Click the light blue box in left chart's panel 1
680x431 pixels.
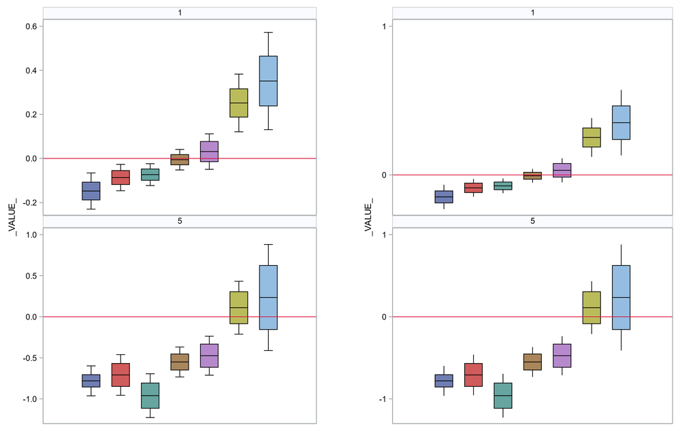[x=268, y=81]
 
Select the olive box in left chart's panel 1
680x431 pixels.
[x=239, y=103]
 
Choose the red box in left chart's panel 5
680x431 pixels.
[x=120, y=375]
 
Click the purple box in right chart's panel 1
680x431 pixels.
[x=562, y=170]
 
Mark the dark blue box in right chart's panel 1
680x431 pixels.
[x=444, y=196]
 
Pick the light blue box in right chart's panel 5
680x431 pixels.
[x=621, y=297]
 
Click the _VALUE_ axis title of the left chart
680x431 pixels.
[x=12, y=216]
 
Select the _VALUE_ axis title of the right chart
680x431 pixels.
[x=369, y=216]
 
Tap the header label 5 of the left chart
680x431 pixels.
[x=180, y=222]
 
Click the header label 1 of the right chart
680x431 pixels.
[x=532, y=13]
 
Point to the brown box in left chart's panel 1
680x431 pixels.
[x=180, y=160]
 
